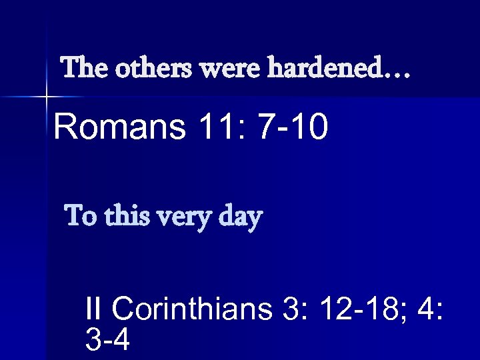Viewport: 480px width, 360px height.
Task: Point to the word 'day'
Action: point(241,219)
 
